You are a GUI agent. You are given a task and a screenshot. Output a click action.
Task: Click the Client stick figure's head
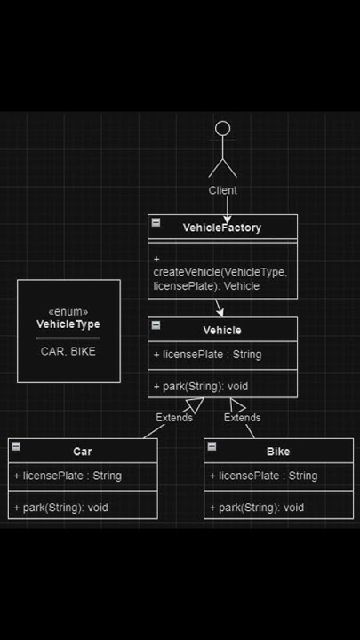(222, 129)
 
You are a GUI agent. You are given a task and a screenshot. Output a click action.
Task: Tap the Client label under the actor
(222, 190)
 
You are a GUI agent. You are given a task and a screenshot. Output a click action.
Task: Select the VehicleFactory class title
(222, 228)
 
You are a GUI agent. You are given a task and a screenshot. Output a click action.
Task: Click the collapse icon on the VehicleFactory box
(156, 222)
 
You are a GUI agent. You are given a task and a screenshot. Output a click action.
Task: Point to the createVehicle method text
(220, 272)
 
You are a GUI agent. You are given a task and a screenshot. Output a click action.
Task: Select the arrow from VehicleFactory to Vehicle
(219, 308)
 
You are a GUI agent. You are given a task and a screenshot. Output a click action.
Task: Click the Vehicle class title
(222, 330)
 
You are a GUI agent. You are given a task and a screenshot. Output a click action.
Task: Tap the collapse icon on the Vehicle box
(156, 325)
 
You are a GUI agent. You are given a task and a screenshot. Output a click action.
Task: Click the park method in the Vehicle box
(201, 387)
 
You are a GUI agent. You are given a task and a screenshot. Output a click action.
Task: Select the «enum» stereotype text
(68, 312)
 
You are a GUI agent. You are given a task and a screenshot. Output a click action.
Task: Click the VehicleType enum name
(68, 324)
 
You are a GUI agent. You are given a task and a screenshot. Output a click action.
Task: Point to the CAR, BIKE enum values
(68, 351)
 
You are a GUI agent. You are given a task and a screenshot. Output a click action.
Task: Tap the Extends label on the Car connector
(174, 418)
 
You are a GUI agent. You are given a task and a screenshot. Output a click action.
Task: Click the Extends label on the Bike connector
(242, 418)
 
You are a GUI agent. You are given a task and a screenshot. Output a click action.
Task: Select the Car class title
(83, 452)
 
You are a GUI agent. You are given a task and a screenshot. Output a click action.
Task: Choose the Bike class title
(278, 452)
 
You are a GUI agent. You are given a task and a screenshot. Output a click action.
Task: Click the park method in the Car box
(60, 508)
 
